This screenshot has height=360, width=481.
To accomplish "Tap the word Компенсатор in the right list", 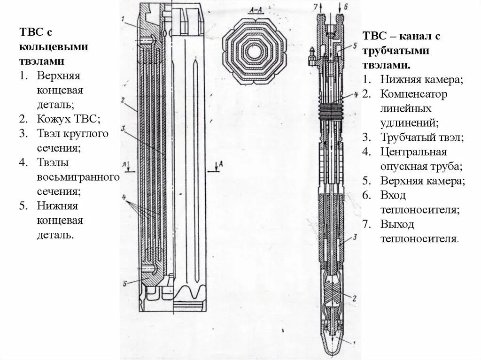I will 414,94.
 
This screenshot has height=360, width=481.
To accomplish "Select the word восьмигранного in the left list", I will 78,177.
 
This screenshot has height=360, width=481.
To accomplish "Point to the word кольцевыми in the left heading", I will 54,47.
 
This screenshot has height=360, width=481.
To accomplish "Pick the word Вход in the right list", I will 393,195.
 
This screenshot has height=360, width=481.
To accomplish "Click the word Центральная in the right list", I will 413,152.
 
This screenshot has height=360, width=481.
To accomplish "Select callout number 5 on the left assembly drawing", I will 124,283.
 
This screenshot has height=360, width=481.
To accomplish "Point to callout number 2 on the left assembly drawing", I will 122,100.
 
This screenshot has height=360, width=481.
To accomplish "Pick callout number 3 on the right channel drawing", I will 356,237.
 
